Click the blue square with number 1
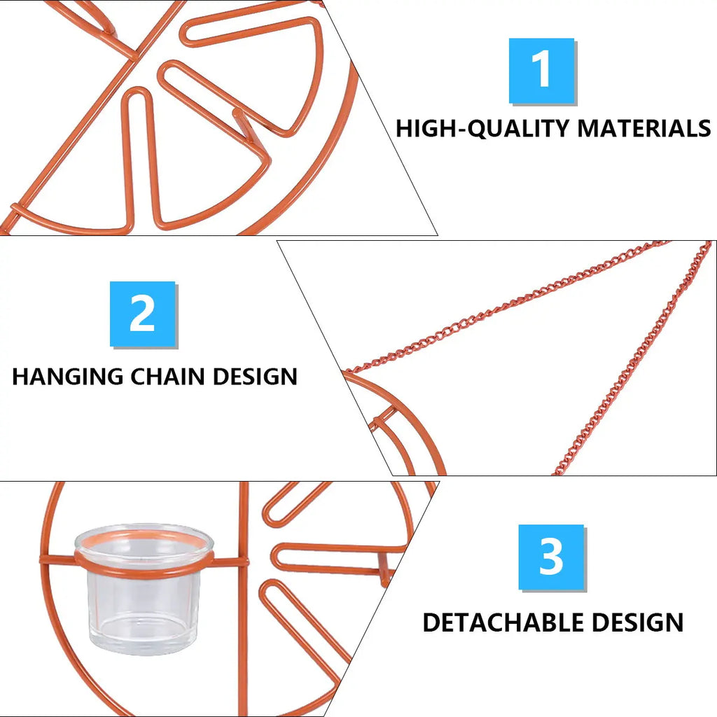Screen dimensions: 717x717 [541, 71]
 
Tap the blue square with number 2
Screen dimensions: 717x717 [142, 314]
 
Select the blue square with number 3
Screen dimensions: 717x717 [551, 557]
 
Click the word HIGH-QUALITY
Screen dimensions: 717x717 [482, 129]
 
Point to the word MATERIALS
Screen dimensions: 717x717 [644, 128]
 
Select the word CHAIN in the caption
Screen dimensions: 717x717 [168, 376]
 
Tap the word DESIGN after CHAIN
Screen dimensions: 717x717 [255, 376]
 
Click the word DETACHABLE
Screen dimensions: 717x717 [503, 622]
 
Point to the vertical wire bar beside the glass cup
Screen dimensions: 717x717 [244, 594]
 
